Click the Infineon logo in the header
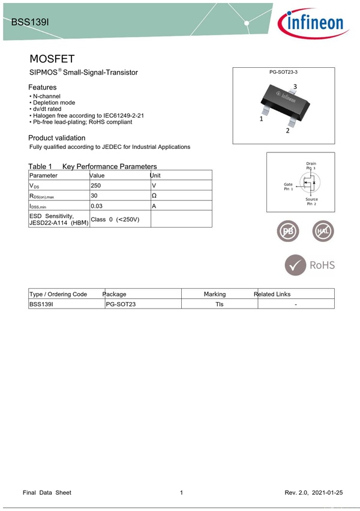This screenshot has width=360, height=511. pos(311,23)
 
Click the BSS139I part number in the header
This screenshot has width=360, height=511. pos(30,22)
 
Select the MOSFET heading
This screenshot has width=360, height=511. pos(52,59)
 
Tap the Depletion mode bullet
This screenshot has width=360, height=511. pos(54,103)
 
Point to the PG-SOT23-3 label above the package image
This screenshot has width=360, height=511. pos(283,72)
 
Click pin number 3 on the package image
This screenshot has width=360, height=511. pos(295,87)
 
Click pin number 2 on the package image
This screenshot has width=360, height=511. pos(287,131)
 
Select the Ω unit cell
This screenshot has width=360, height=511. pos(154,196)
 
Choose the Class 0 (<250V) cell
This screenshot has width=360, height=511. pos(115,219)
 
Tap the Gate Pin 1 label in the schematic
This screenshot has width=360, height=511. pos(289,186)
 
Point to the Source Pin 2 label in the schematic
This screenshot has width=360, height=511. pos(311,202)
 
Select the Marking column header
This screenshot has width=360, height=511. pos(215,294)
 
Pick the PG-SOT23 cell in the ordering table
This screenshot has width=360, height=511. pos(121,304)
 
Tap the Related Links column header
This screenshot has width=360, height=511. pos(272,294)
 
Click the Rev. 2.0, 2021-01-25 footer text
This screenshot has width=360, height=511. pos(314,492)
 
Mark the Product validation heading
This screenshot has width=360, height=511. pos(57,138)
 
